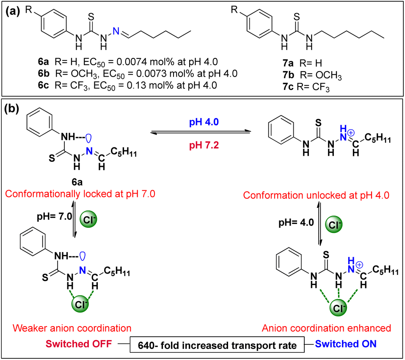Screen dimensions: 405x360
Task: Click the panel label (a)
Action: [x=13, y=11]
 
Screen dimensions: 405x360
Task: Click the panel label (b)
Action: [x=11, y=109]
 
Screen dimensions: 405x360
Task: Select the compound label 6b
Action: [x=44, y=74]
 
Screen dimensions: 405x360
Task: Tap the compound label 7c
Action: [x=288, y=86]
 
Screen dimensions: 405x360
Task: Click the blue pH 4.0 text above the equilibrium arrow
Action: [x=204, y=122]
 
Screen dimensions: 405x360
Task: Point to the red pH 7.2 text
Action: [x=204, y=145]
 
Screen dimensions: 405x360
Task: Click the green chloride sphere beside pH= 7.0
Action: [x=88, y=219]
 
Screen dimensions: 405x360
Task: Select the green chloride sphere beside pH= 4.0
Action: [x=334, y=224]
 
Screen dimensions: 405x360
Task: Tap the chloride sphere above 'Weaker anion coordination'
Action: [x=80, y=304]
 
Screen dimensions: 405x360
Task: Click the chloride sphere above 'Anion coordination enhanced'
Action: [x=339, y=307]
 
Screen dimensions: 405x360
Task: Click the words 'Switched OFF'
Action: [x=79, y=344]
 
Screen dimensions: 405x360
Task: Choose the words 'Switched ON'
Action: [x=346, y=344]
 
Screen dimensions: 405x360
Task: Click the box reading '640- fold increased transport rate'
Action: [x=217, y=344]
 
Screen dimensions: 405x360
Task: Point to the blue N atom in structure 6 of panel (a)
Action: [x=116, y=31]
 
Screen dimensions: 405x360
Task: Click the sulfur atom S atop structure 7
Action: [x=297, y=17]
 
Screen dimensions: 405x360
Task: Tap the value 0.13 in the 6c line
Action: [x=136, y=85]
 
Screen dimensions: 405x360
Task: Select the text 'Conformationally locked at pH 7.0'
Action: [x=80, y=194]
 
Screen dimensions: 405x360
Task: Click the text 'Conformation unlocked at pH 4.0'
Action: [x=316, y=195]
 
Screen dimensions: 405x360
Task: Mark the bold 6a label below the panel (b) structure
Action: [x=77, y=182]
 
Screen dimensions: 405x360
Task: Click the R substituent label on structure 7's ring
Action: [x=234, y=10]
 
